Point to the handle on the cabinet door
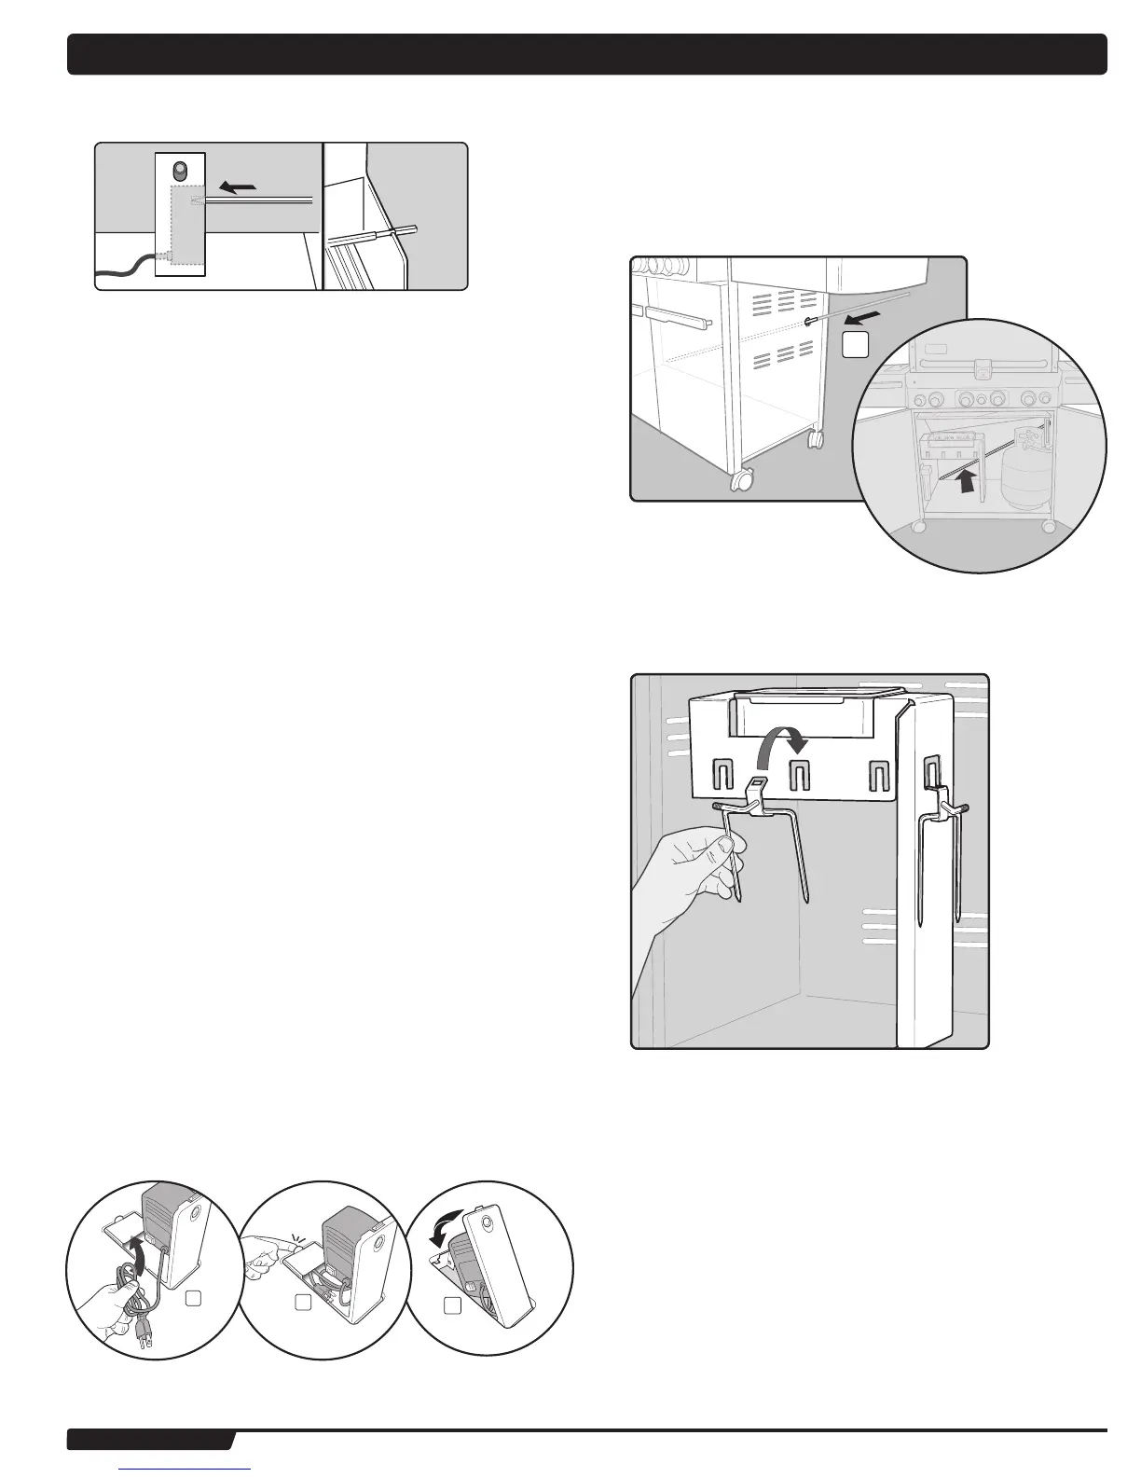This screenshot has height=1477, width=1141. tap(679, 318)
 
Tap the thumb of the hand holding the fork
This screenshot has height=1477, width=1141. tap(718, 848)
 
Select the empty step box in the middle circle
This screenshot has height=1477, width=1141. tap(303, 1303)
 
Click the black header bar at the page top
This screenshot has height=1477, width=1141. tap(587, 54)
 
